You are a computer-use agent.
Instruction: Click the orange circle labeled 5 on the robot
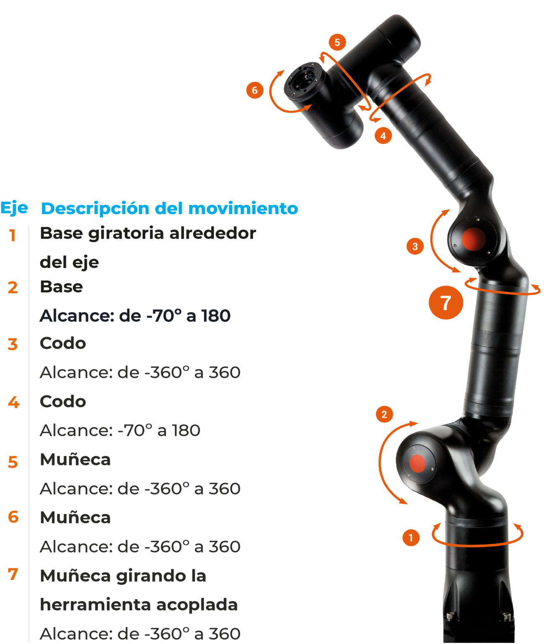pyautogui.click(x=337, y=42)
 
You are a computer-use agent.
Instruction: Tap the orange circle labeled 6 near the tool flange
pyautogui.click(x=255, y=91)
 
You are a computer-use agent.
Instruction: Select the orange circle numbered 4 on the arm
pyautogui.click(x=383, y=135)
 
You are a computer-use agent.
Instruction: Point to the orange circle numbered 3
pyautogui.click(x=415, y=246)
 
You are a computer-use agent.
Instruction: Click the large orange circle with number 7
pyautogui.click(x=446, y=302)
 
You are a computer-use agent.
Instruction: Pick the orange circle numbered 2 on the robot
pyautogui.click(x=384, y=414)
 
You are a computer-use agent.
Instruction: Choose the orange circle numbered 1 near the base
pyautogui.click(x=411, y=538)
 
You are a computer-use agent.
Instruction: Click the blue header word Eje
pyautogui.click(x=14, y=208)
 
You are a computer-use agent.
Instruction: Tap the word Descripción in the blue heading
pyautogui.click(x=95, y=208)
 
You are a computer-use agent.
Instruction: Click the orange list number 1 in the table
pyautogui.click(x=13, y=235)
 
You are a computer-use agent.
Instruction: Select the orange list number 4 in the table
pyautogui.click(x=13, y=402)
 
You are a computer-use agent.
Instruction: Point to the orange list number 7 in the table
pyautogui.click(x=13, y=574)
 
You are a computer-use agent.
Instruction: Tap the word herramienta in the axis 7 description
pyautogui.click(x=95, y=605)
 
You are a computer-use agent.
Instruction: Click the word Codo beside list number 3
pyautogui.click(x=63, y=343)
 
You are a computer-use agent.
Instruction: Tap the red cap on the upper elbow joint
pyautogui.click(x=473, y=239)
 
